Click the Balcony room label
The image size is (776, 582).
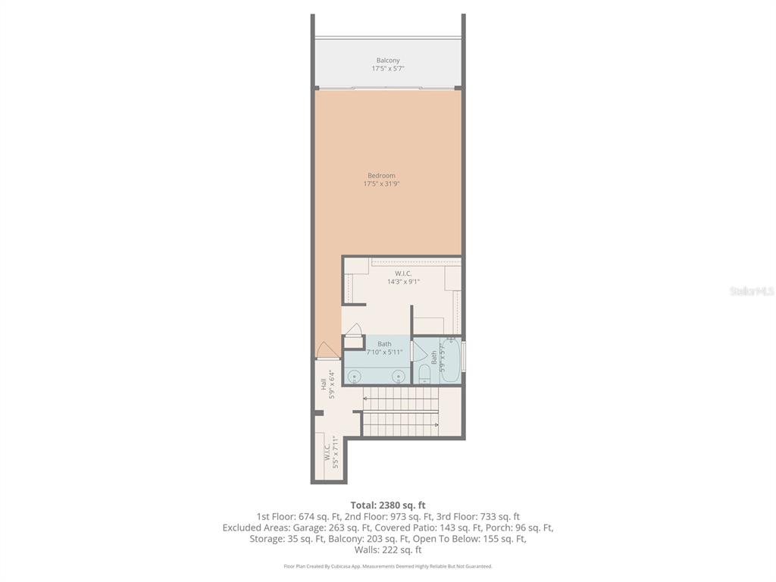388,61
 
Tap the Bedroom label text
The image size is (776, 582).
381,176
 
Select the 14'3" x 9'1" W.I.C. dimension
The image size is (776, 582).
403,282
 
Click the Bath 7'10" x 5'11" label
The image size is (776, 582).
384,348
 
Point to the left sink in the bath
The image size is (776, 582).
354,376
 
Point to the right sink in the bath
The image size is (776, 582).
398,376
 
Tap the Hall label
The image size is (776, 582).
323,384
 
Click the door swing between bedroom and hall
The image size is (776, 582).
327,350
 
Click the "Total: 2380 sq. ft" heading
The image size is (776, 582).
388,505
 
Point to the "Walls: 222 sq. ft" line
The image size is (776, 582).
388,550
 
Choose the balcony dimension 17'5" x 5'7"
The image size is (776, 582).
388,69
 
